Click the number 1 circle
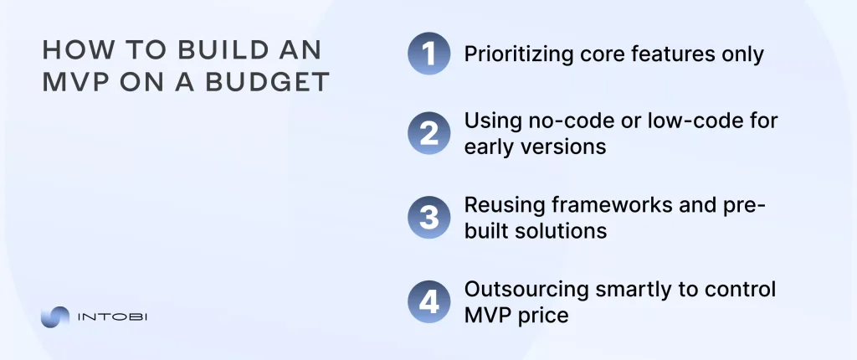pos(429,55)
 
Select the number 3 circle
pos(429,219)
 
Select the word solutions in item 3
pos(560,230)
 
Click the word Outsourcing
pos(518,290)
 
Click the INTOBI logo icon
pos(55,318)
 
